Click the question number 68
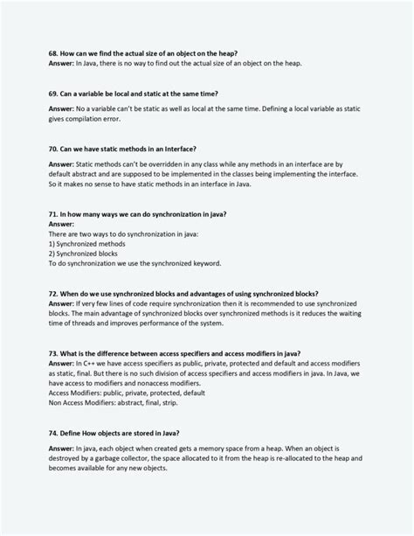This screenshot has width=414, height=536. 53,53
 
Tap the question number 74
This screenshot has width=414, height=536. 53,433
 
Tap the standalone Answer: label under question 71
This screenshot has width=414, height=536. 62,224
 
